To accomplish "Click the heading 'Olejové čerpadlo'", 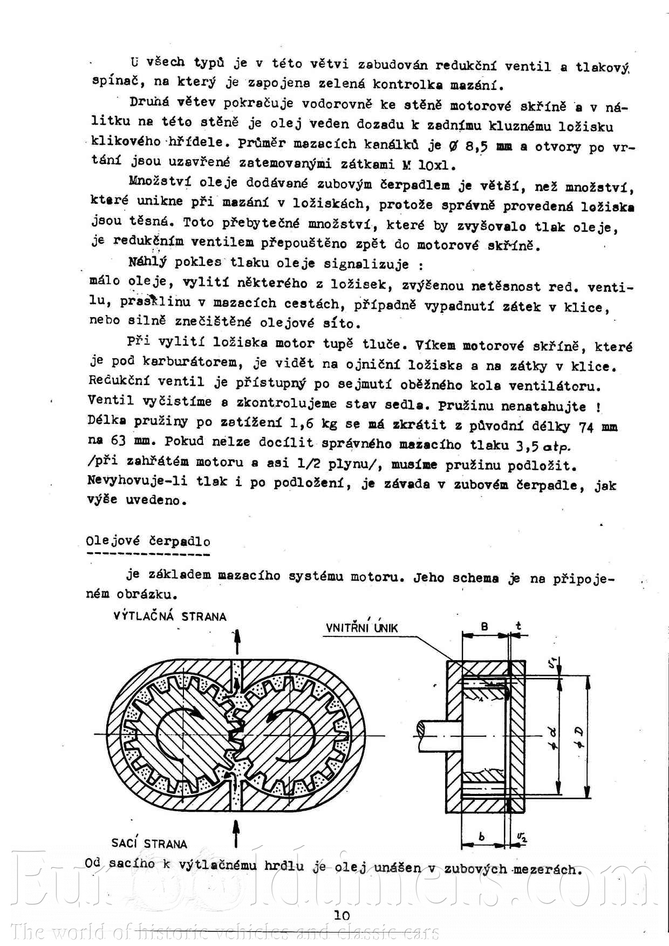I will (x=148, y=541).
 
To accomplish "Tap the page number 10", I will (x=342, y=915).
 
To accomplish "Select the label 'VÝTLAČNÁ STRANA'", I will (x=170, y=616).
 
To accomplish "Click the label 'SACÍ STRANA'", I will (x=149, y=844).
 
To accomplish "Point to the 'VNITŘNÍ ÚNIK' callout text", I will (x=361, y=628).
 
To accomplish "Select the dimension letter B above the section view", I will (x=484, y=627).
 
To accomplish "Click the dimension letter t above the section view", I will (x=518, y=626).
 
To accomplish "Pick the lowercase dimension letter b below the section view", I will (x=482, y=837).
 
